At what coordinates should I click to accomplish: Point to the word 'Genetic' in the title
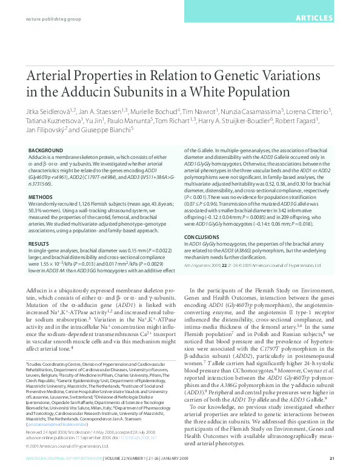coord(232,76)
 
